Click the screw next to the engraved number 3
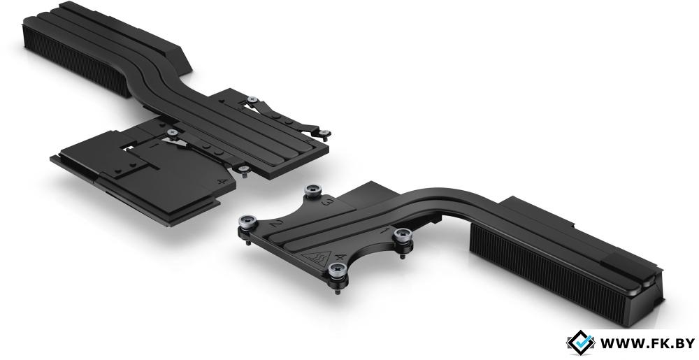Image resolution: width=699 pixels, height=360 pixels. coord(313,192)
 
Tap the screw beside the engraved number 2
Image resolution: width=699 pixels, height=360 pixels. coord(248,221)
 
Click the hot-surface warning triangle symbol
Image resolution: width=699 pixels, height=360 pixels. coord(316,257)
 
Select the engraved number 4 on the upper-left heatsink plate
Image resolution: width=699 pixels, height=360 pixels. coord(221,181)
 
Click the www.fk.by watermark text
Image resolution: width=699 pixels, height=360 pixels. coord(647,343)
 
